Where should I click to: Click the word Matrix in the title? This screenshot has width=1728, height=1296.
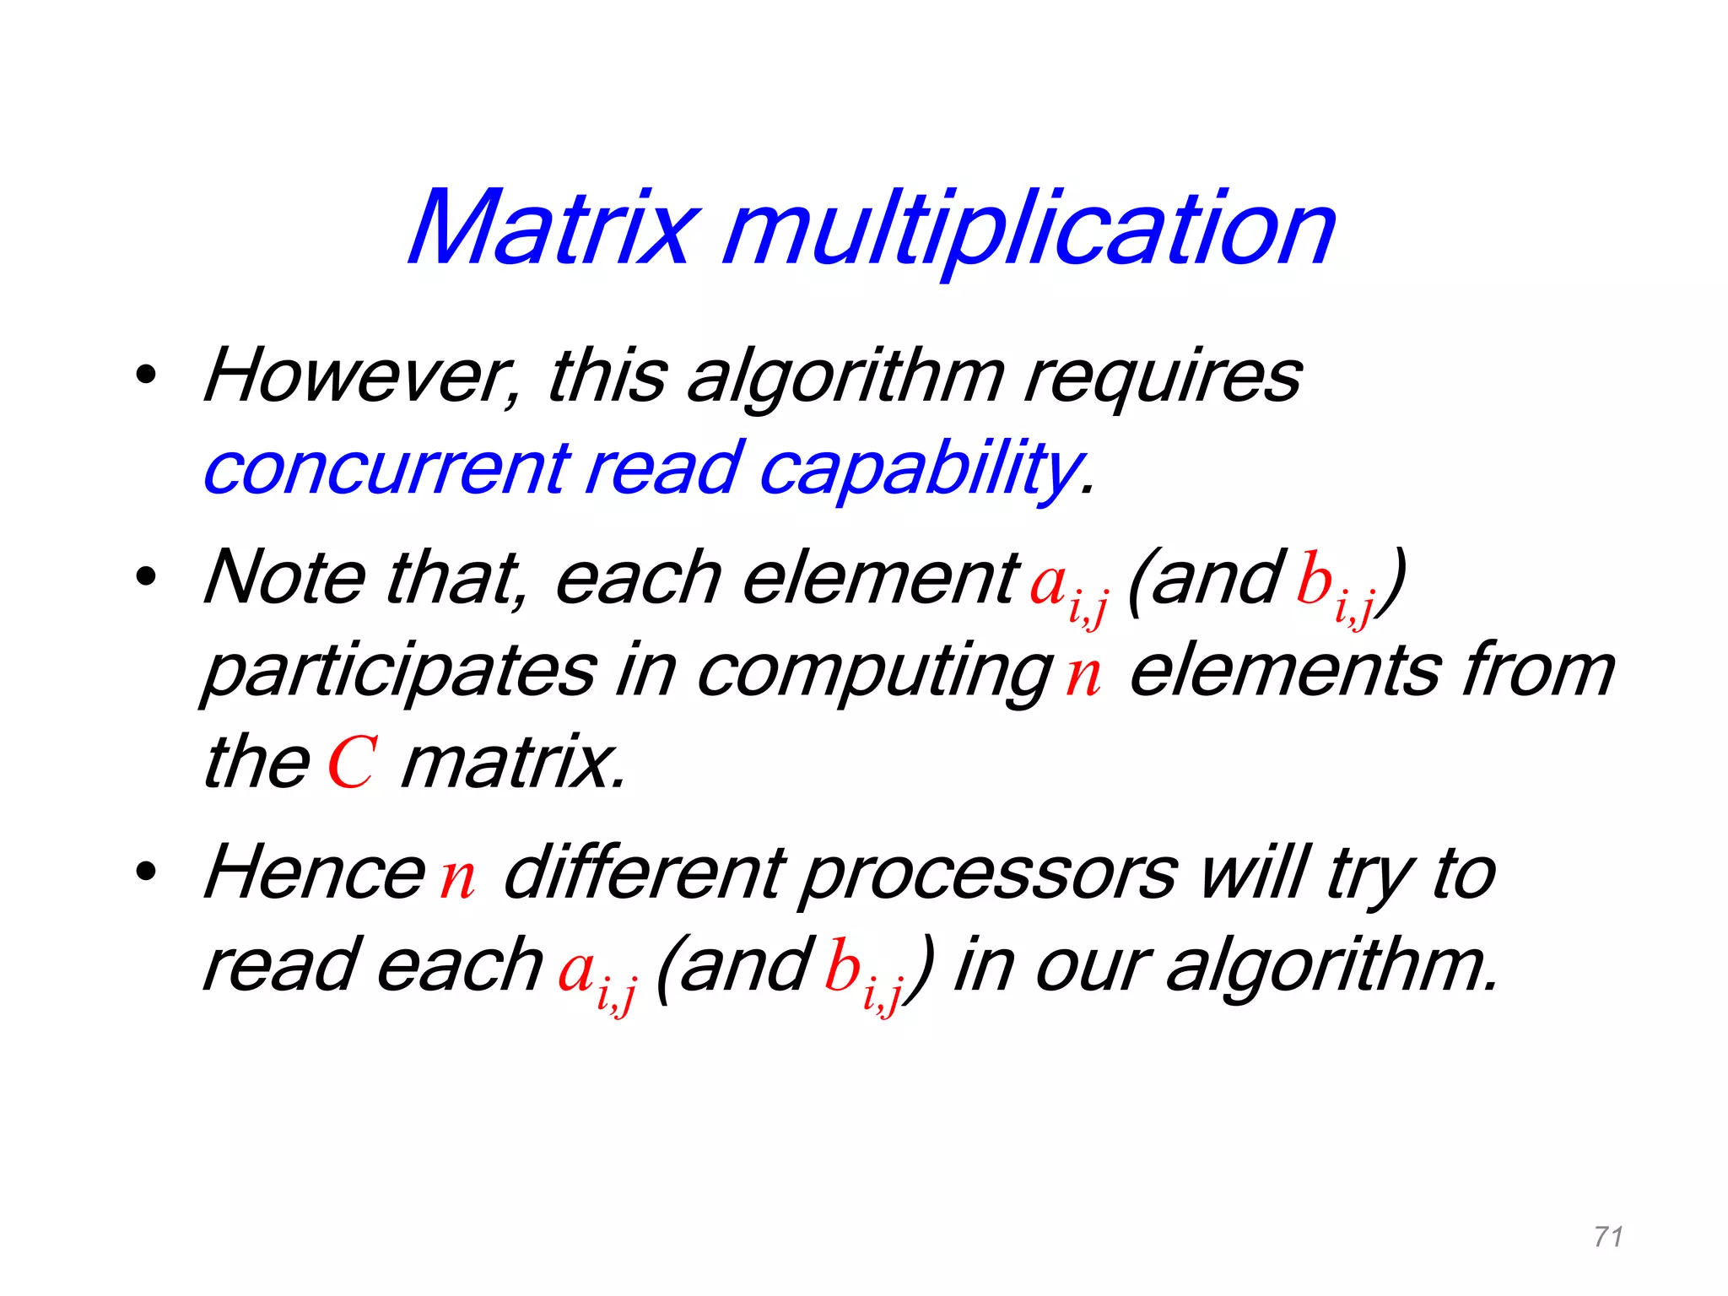pyautogui.click(x=553, y=228)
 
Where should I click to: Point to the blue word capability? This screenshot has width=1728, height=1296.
pyautogui.click(x=920, y=470)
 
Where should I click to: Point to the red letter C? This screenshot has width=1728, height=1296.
pyautogui.click(x=351, y=764)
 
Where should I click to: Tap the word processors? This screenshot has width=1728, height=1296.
pyautogui.click(x=988, y=875)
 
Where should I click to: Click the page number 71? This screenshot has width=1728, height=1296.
pyautogui.click(x=1608, y=1237)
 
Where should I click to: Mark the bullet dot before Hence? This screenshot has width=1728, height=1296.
pyautogui.click(x=146, y=872)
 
